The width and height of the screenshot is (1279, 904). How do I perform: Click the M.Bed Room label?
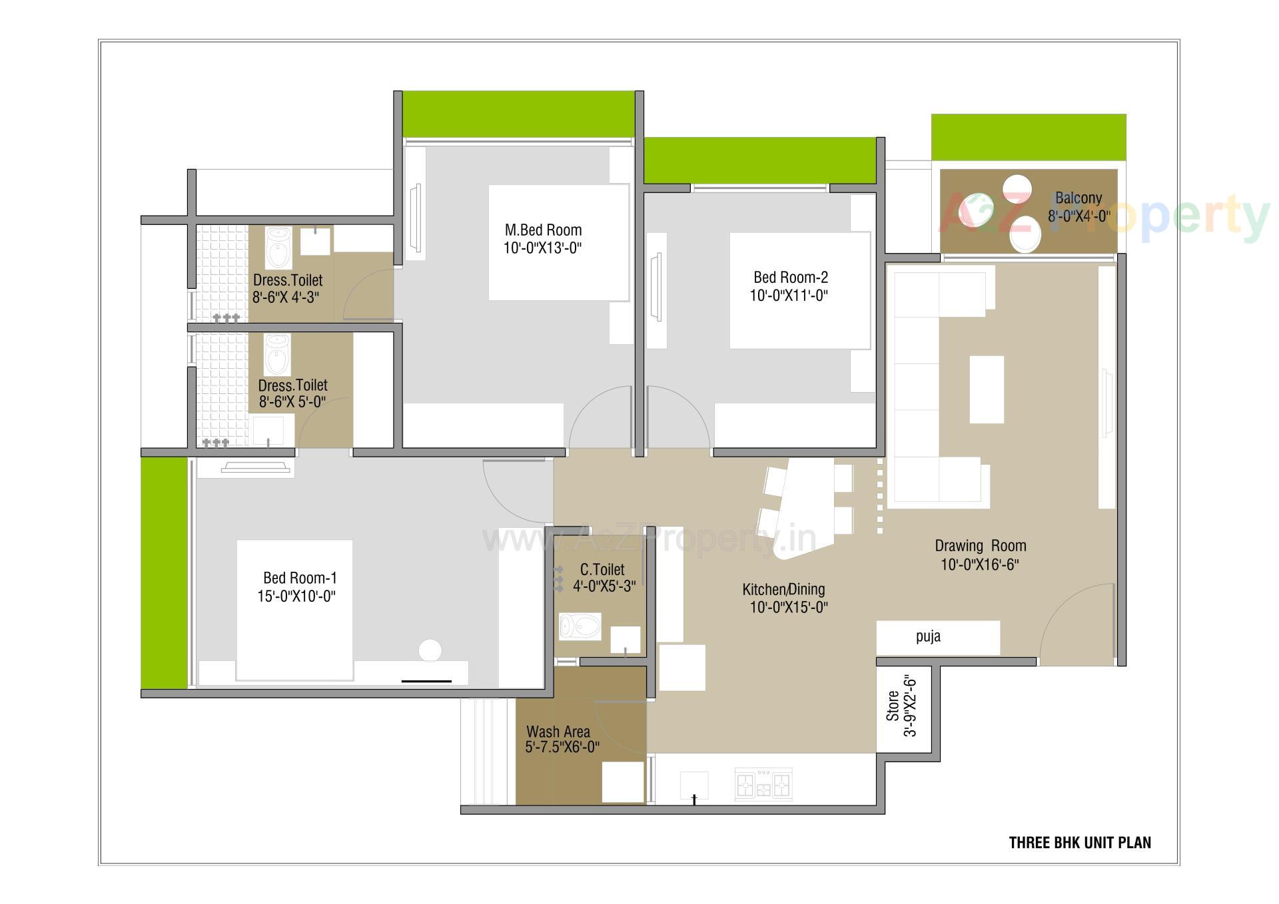click(543, 230)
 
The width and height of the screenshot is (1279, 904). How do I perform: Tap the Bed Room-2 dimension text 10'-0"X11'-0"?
click(789, 296)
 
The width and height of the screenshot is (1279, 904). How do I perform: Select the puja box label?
click(928, 636)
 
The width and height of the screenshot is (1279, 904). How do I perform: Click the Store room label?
click(893, 706)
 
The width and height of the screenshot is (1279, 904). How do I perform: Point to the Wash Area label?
click(558, 732)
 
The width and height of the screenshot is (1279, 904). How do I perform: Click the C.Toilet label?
click(602, 570)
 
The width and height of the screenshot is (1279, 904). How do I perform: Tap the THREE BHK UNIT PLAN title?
click(1079, 843)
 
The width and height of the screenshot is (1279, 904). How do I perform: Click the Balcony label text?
click(1078, 198)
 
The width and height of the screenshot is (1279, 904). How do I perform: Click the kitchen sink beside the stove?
click(693, 786)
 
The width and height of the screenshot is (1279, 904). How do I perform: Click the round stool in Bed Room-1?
click(430, 650)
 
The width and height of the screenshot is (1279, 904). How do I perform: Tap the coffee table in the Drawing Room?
click(986, 389)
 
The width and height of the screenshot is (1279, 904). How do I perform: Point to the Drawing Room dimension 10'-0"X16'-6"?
click(980, 565)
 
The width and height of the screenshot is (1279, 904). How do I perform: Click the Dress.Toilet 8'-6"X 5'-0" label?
click(292, 393)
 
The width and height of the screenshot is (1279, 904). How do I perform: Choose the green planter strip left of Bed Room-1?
click(164, 572)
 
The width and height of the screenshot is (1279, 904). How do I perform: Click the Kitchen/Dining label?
click(783, 589)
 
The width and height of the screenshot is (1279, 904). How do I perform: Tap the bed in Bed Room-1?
click(294, 609)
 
